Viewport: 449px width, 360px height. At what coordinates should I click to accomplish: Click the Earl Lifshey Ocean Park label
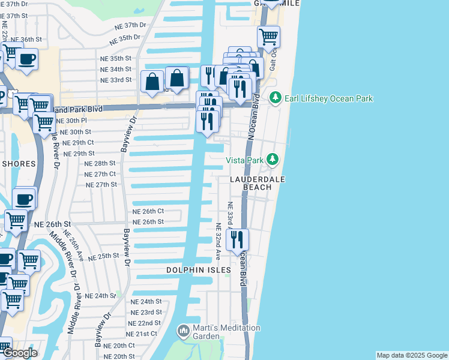329,98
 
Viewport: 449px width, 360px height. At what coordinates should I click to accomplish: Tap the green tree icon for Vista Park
273,159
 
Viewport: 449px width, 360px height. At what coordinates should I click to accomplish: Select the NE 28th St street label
100,164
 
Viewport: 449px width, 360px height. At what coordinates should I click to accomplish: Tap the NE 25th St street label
104,256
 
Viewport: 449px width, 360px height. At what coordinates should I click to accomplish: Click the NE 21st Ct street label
142,334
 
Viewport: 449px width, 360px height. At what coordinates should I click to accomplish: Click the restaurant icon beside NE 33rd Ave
238,239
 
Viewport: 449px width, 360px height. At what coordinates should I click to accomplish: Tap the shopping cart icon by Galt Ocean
268,36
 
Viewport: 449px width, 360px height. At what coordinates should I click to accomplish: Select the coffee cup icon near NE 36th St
26,59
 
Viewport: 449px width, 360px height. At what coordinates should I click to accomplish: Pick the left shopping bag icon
152,81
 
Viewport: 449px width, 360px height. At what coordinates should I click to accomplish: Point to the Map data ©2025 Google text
412,355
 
